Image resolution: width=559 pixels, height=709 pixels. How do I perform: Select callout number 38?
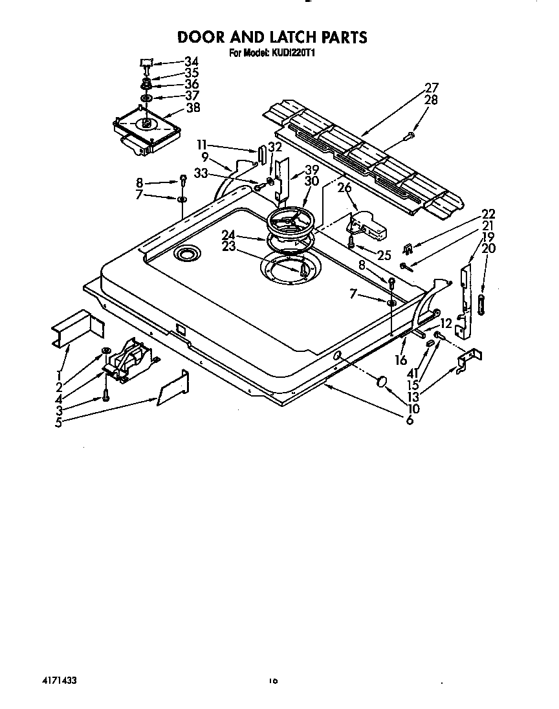193,108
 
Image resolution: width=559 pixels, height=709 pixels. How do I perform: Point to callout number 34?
191,61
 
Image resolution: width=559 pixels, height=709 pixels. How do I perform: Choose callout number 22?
488,215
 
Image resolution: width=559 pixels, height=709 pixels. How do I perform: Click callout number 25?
384,255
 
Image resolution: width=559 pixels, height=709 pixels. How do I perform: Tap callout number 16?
401,360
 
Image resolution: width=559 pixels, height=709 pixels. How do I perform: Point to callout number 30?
311,182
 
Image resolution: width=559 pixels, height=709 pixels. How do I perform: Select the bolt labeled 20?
481,305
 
